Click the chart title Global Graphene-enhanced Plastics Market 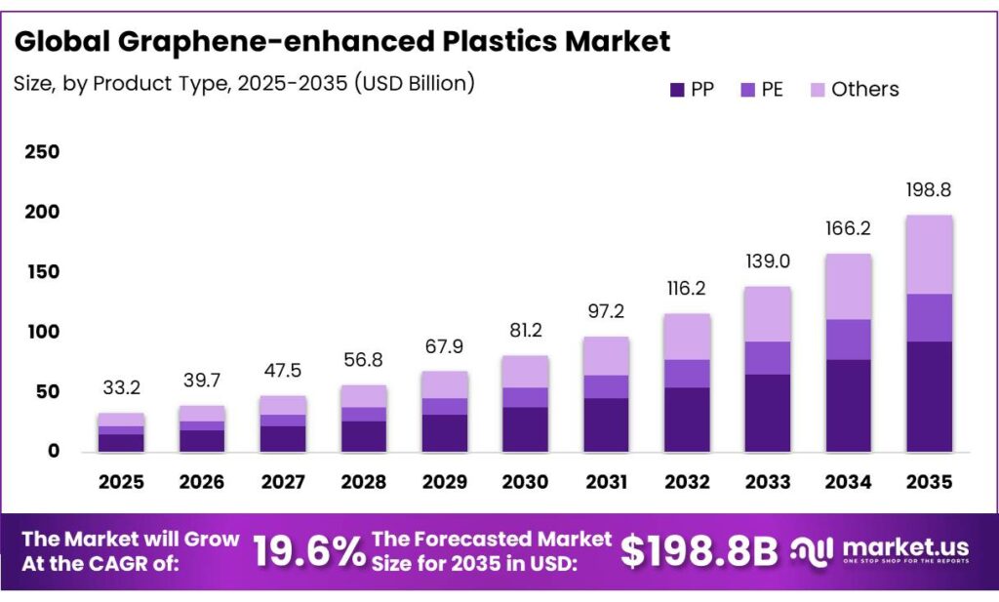tap(342, 42)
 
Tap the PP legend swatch tap(676, 90)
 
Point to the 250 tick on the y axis tap(43, 152)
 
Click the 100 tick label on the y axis tap(43, 332)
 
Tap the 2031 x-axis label tap(605, 482)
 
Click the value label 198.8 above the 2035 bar tap(929, 190)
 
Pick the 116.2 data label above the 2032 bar tap(686, 290)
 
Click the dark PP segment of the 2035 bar tap(929, 396)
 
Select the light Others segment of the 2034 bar tap(848, 286)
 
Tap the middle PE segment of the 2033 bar tap(767, 358)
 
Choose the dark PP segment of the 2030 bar tap(525, 429)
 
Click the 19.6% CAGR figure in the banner tap(308, 552)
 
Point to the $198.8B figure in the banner tap(699, 552)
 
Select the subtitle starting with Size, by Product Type tap(244, 83)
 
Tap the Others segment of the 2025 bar tap(121, 420)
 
